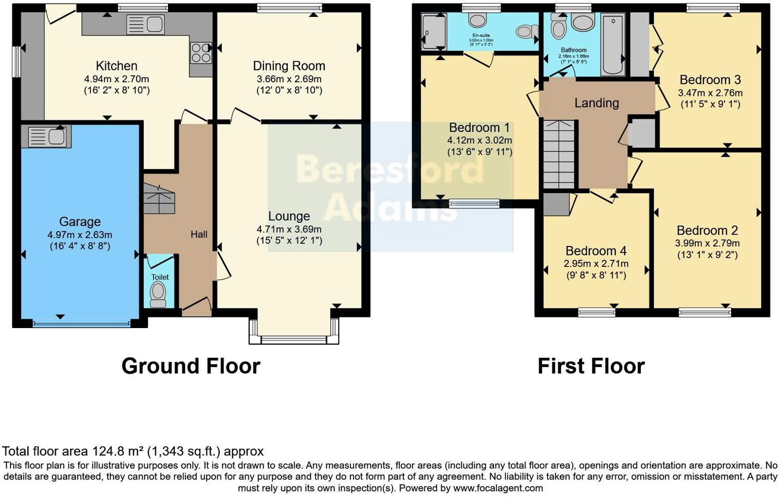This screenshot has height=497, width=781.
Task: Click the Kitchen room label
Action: tap(117, 66)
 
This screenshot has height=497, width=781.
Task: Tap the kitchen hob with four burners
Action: tap(201, 52)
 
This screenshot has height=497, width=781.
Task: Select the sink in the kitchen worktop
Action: tap(146, 24)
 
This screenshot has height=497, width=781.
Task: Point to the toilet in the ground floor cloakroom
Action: tap(158, 294)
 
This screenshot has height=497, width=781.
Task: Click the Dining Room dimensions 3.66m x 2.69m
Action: tap(289, 79)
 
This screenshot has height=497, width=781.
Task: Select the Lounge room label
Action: tap(289, 216)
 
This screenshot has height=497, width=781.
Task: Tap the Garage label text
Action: tap(80, 222)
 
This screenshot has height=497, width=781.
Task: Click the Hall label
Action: tap(199, 234)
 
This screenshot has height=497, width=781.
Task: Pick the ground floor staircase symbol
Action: tap(159, 197)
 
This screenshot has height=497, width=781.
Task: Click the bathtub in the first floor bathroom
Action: tap(612, 45)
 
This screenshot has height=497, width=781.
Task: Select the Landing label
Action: tap(596, 103)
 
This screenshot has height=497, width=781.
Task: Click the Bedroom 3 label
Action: tap(710, 80)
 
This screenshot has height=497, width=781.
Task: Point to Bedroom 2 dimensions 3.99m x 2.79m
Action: tap(707, 243)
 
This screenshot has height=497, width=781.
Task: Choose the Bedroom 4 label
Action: tap(596, 251)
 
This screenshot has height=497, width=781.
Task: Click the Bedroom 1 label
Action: tap(479, 127)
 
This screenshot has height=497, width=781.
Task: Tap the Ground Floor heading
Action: tap(191, 366)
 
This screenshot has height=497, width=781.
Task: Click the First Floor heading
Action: tap(591, 366)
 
